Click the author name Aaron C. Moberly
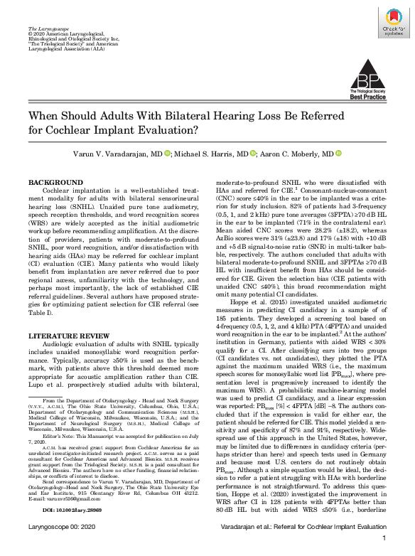pyautogui.click(x=299, y=154)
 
